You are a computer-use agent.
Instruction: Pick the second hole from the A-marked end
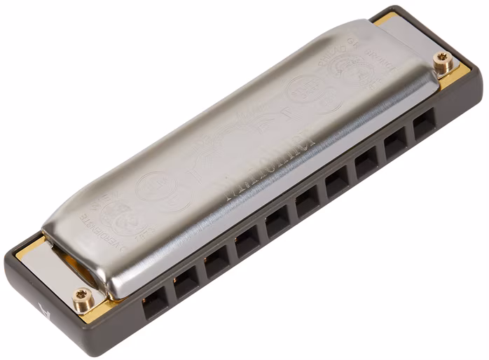[x=186, y=283]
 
